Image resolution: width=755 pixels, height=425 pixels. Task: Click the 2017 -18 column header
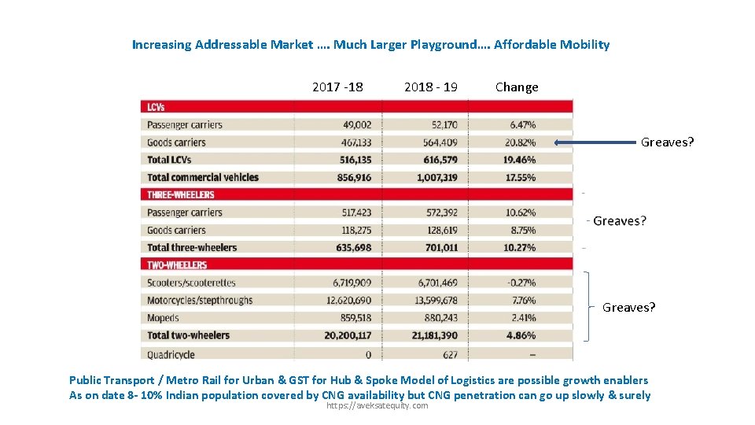pyautogui.click(x=337, y=87)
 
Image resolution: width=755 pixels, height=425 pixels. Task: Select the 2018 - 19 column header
pyautogui.click(x=431, y=87)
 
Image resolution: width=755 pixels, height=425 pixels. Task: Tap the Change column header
pyautogui.click(x=517, y=87)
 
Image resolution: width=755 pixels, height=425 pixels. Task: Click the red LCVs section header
pyautogui.click(x=355, y=106)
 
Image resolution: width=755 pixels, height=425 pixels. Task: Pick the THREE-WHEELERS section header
pyautogui.click(x=355, y=194)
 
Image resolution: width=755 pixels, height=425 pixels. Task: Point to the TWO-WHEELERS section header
pyautogui.click(x=355, y=265)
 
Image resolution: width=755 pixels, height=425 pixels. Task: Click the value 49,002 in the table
pyautogui.click(x=357, y=124)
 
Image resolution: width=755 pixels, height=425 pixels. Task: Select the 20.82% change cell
pyautogui.click(x=522, y=142)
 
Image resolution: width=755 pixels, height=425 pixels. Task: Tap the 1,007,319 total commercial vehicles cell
pyautogui.click(x=438, y=177)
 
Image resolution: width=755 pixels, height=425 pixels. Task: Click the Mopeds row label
pyautogui.click(x=163, y=318)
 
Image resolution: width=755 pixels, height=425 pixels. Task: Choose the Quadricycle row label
pyautogui.click(x=171, y=354)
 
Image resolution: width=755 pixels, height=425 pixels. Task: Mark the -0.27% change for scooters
pyautogui.click(x=522, y=283)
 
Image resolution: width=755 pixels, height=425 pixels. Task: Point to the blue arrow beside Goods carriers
pyautogui.click(x=595, y=142)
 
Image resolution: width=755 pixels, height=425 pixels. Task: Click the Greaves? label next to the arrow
pyautogui.click(x=667, y=142)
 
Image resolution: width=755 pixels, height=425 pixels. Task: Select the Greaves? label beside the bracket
pyautogui.click(x=628, y=308)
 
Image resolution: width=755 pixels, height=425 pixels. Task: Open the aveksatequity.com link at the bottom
pyautogui.click(x=377, y=405)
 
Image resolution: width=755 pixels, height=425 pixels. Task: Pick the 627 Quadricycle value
pyautogui.click(x=450, y=354)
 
